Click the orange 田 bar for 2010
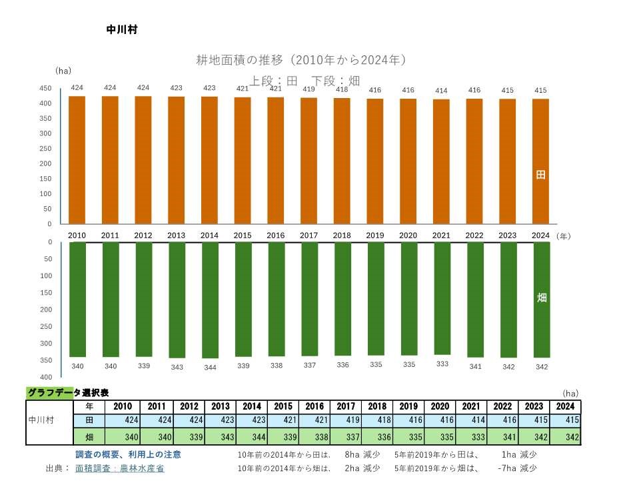click(77, 160)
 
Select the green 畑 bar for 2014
click(209, 300)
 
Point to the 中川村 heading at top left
click(122, 30)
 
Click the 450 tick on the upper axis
click(45, 88)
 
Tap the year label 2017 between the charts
click(309, 235)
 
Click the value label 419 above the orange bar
click(309, 89)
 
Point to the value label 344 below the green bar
click(209, 367)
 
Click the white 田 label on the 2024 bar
click(541, 175)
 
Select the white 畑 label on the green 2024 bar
click(541, 298)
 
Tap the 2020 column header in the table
click(440, 406)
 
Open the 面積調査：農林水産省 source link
click(120, 468)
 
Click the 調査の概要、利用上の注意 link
click(128, 454)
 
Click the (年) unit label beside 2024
click(564, 236)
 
